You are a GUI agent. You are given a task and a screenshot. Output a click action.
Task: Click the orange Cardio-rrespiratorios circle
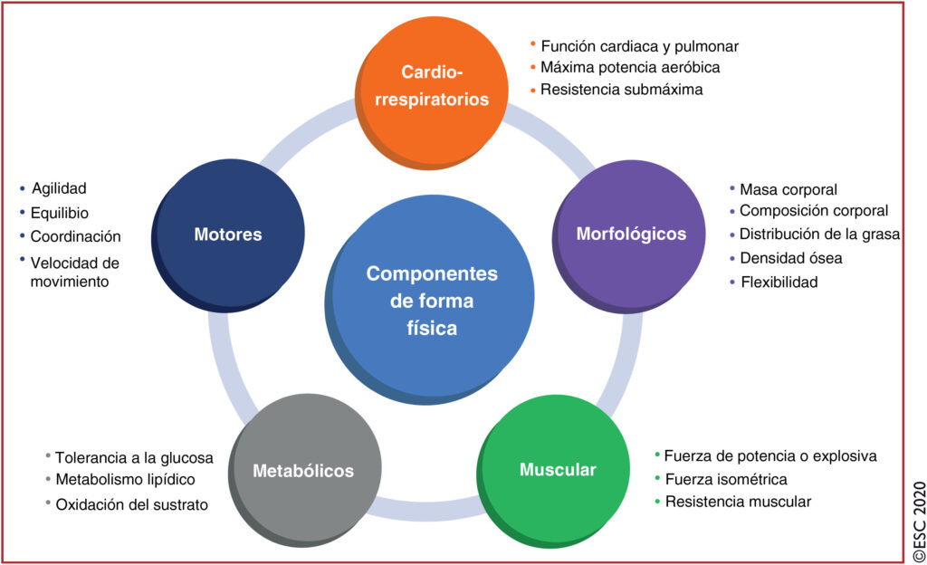(x=432, y=86)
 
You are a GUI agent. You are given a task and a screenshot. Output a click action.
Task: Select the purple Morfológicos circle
(x=631, y=234)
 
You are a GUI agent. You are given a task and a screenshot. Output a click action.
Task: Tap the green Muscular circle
(x=558, y=470)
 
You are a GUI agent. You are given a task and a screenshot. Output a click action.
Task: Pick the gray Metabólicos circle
(x=303, y=471)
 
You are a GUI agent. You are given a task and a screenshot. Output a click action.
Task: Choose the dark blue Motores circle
(x=228, y=235)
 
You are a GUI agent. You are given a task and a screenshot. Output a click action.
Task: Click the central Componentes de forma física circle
(x=432, y=301)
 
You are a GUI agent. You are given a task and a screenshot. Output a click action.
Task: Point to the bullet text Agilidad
(x=59, y=188)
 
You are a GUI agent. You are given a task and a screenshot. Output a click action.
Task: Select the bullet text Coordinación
(x=75, y=236)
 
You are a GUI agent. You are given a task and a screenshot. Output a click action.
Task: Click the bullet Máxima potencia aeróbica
(x=630, y=67)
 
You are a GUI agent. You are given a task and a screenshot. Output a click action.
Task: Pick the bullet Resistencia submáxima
(x=621, y=90)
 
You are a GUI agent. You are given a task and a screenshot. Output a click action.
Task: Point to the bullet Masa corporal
(x=788, y=189)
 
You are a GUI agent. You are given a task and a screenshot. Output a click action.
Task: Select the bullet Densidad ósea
(x=790, y=258)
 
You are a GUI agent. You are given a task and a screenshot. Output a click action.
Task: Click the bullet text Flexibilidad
(x=779, y=282)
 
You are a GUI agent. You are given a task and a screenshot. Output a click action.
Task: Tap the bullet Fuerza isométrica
(x=725, y=479)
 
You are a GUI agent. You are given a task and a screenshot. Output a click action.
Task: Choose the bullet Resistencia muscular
(x=738, y=502)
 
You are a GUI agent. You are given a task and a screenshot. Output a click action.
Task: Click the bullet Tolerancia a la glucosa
(x=134, y=457)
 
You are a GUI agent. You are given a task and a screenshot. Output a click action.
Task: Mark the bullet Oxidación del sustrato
(x=131, y=504)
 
